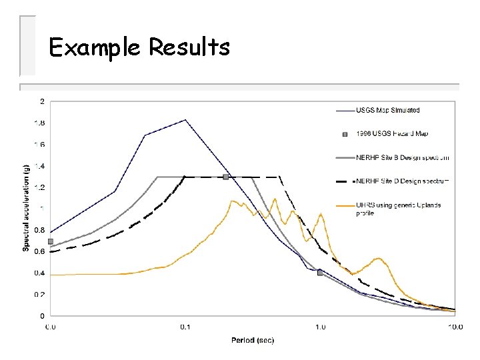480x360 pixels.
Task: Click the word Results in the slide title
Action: pos(189,47)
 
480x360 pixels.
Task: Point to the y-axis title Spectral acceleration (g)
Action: pos(27,209)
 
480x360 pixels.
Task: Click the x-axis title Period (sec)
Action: pos(253,340)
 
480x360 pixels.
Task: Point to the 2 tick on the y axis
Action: pos(43,101)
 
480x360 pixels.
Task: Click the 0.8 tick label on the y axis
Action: pos(39,230)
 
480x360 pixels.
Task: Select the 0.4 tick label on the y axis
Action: pos(39,273)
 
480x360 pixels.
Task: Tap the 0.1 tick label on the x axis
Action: pos(185,327)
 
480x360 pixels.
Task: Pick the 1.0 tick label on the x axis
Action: pos(321,327)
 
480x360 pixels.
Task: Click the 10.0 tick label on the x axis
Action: pos(455,327)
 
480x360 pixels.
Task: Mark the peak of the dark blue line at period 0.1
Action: pos(185,120)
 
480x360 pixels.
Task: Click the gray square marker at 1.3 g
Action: pos(226,177)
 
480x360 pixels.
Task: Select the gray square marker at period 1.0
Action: pos(320,273)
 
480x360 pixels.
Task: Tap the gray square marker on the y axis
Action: pos(50,241)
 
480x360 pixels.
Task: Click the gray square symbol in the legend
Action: pos(345,134)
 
